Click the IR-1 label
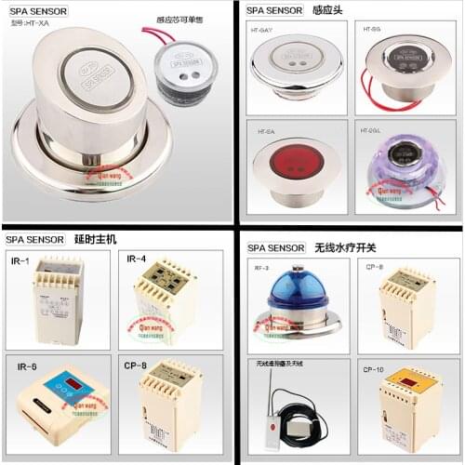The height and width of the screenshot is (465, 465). coord(20,260)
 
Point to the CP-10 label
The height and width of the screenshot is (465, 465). coord(373,369)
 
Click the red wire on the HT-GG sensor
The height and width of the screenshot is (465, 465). coord(372,93)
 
